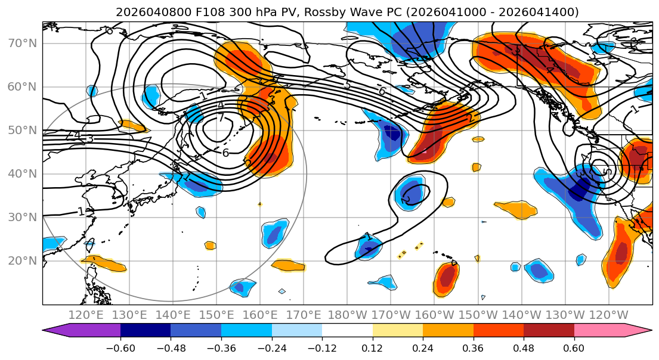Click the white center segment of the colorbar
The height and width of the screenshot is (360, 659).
[x=347, y=331]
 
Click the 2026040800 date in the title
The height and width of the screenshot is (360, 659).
[x=145, y=12]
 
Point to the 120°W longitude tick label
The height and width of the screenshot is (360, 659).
[x=608, y=315]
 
